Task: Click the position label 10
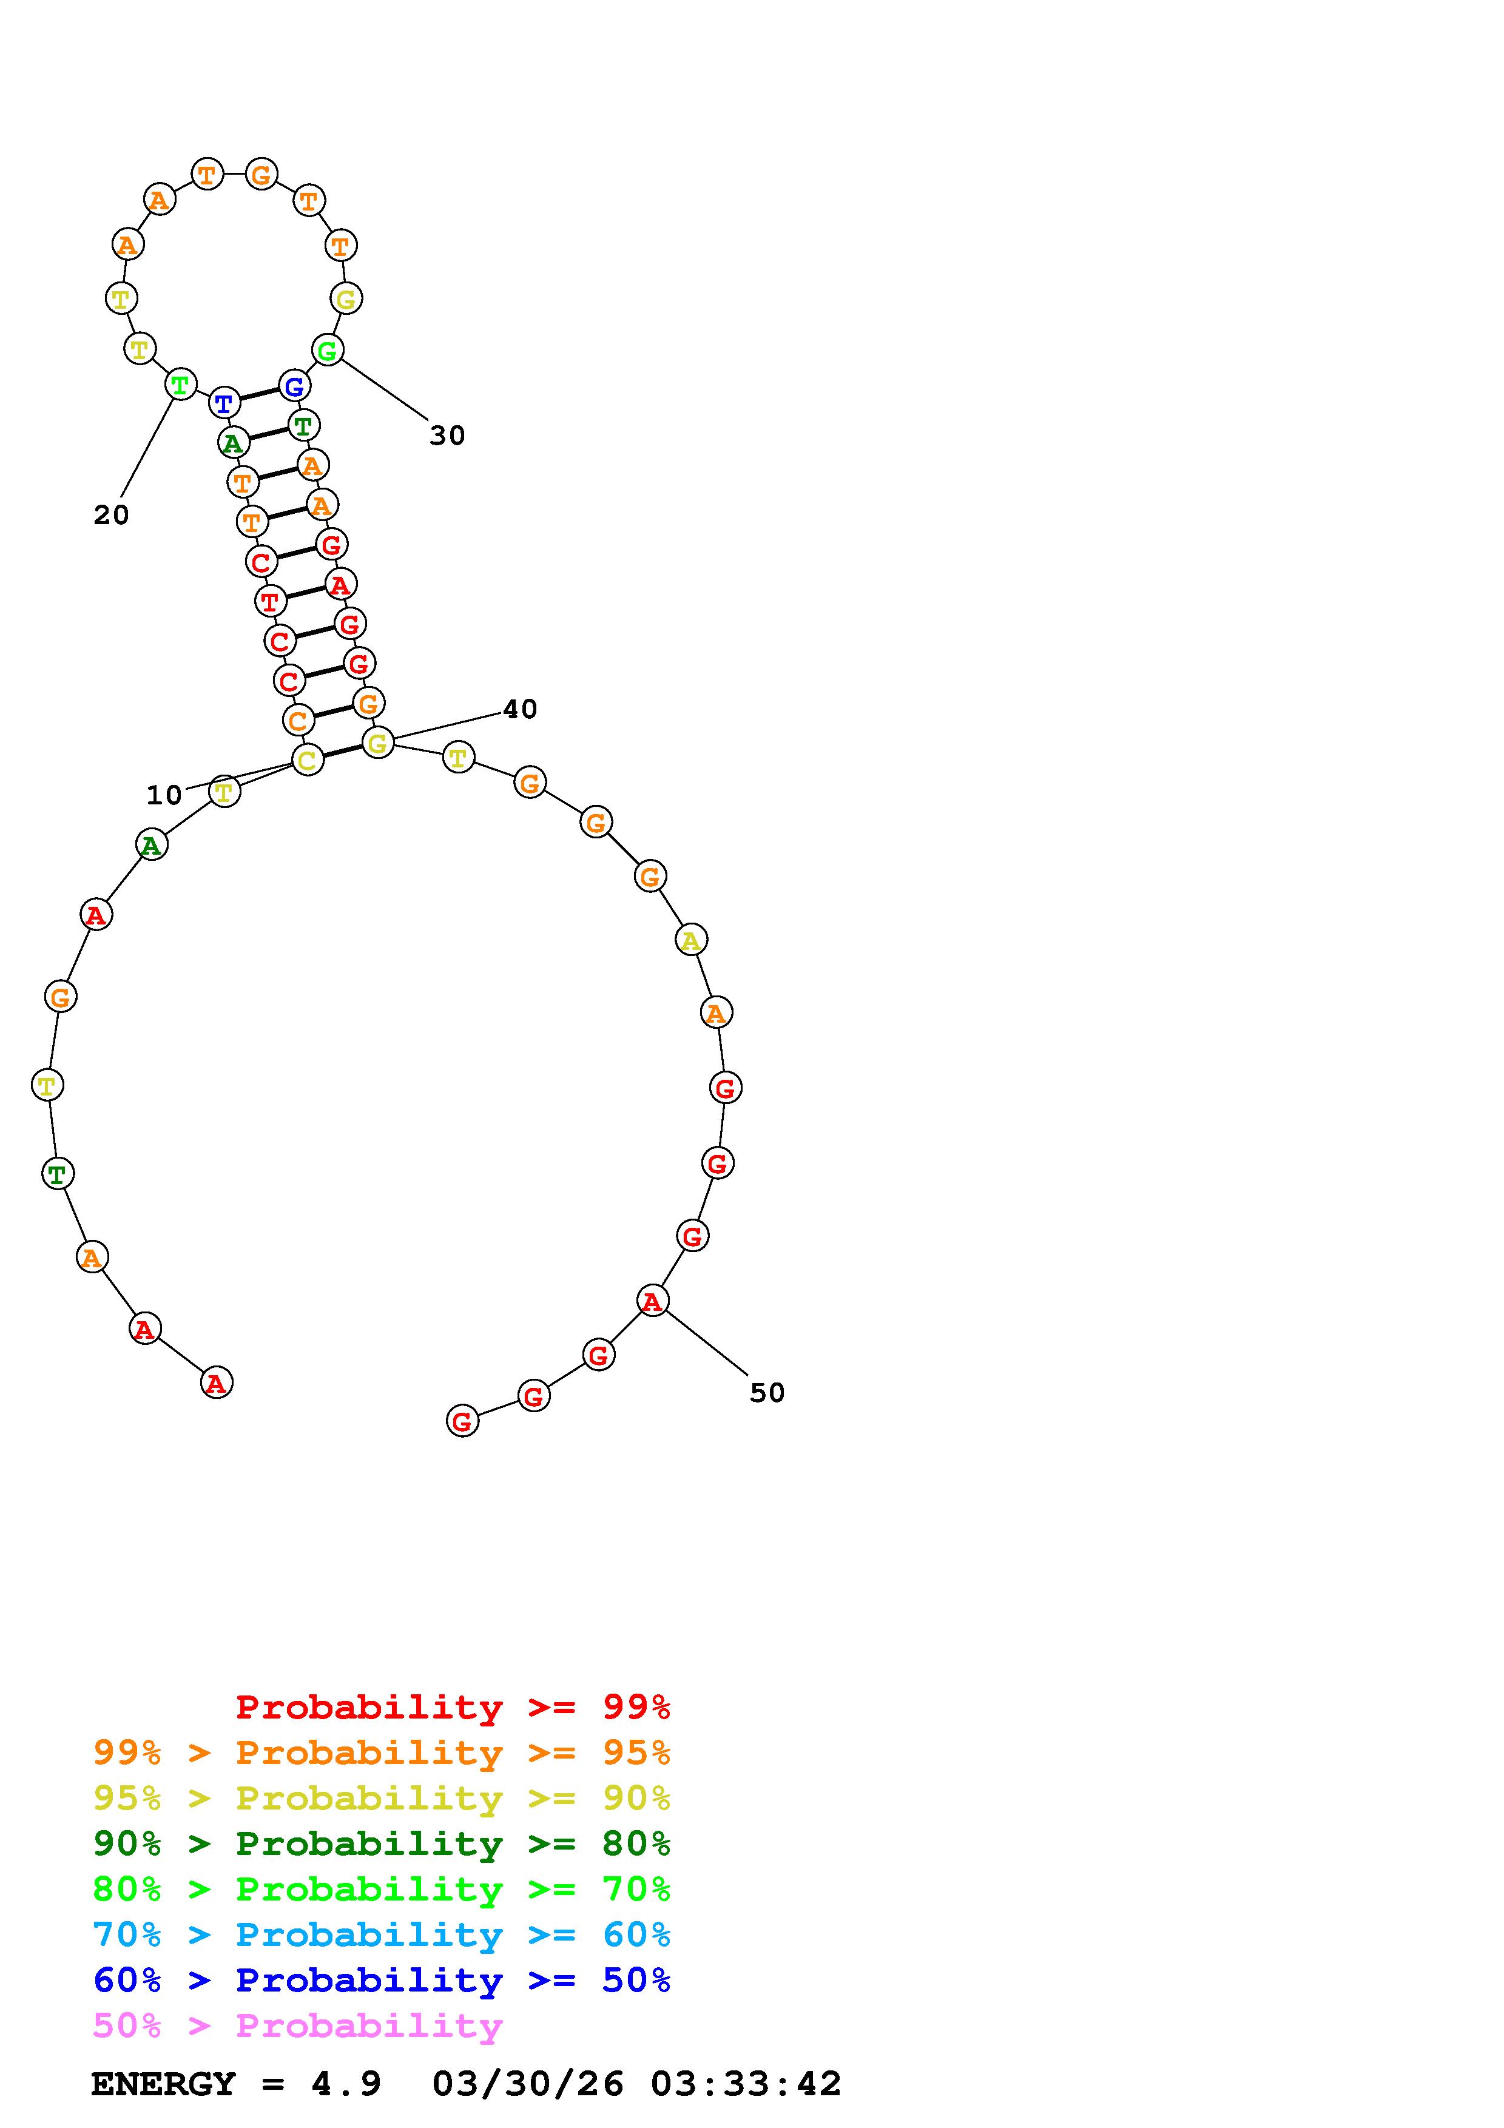(164, 795)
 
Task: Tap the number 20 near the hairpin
(111, 515)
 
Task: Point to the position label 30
(447, 436)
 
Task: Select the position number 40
(520, 709)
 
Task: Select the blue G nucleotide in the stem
(294, 386)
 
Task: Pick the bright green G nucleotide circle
(327, 351)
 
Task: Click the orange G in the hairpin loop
(261, 173)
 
